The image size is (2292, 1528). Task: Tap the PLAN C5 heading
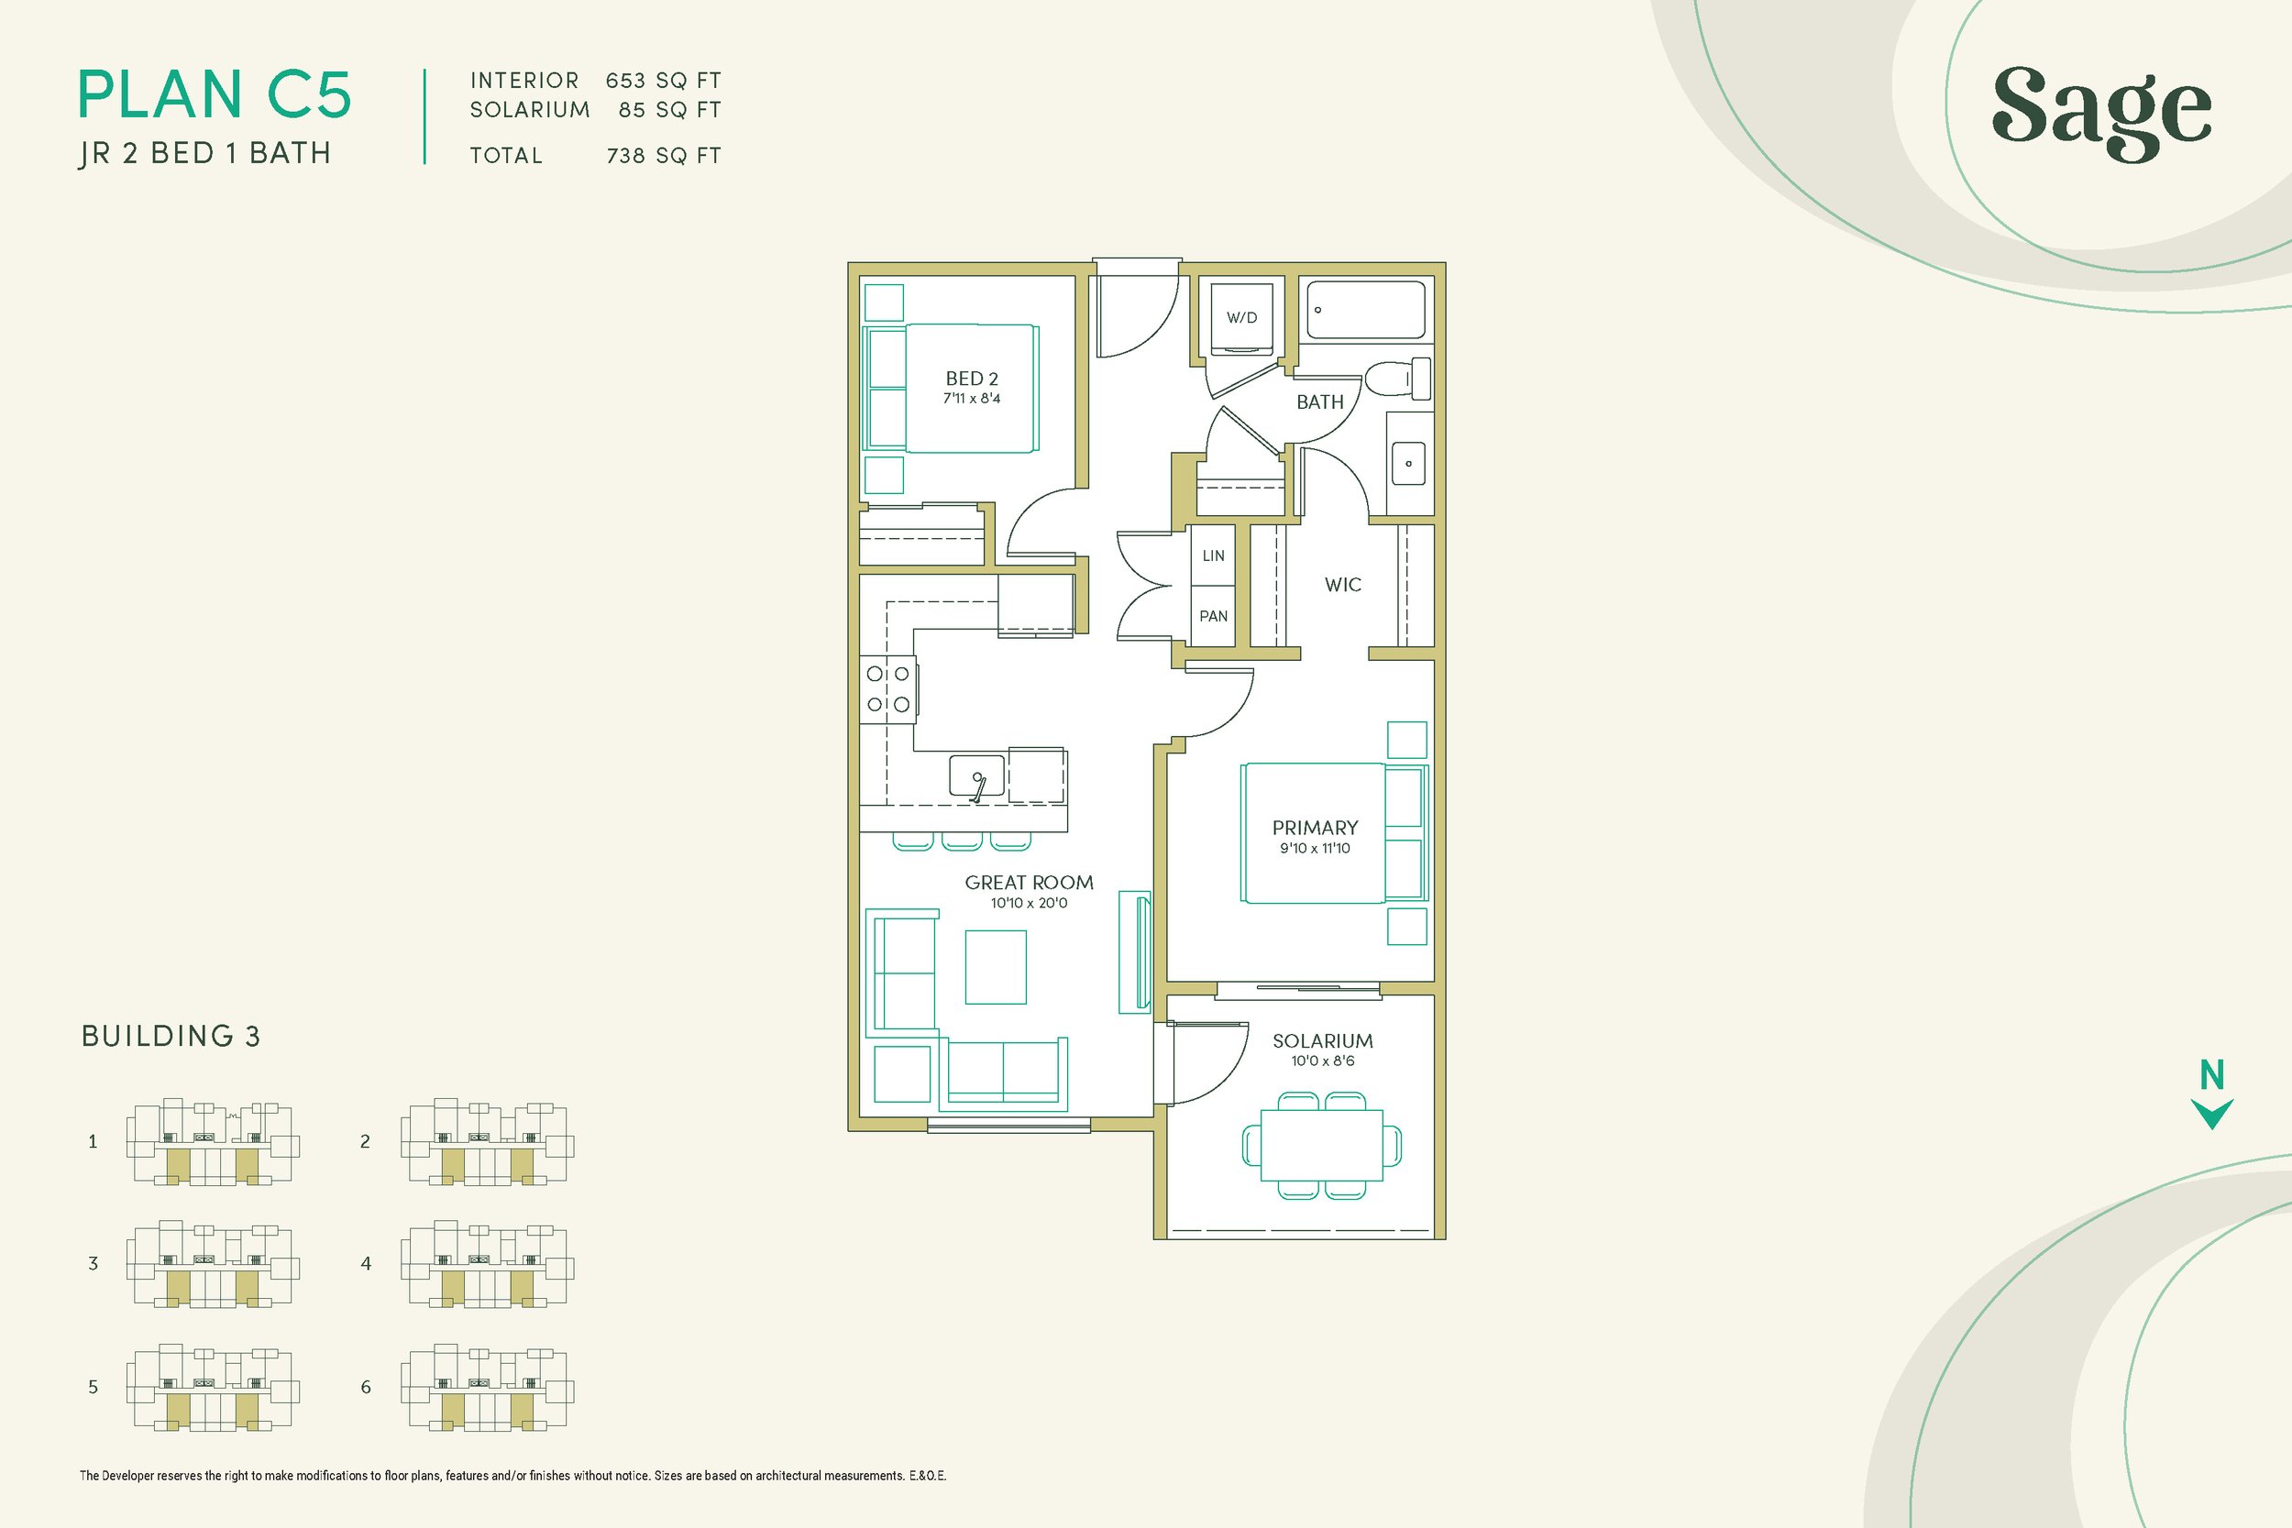coord(215,95)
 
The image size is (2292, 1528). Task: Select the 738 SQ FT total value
coord(663,156)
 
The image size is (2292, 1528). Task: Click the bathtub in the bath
coord(1365,310)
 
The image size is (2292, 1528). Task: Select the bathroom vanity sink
coord(1408,463)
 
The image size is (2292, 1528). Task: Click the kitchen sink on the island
coord(976,775)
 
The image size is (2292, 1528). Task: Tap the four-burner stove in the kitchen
coord(888,689)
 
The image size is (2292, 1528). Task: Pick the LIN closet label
coord(1213,555)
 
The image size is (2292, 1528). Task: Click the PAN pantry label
coord(1213,616)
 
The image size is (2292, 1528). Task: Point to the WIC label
coord(1343,585)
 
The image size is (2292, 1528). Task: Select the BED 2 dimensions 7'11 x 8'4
coord(972,399)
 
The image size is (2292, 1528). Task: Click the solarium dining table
coord(1321,1145)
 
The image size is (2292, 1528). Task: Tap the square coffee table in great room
coord(995,967)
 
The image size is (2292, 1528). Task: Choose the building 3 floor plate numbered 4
coord(486,1265)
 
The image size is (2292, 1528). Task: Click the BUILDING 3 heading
coord(171,1036)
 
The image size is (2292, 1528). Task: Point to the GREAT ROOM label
coord(1029,882)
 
